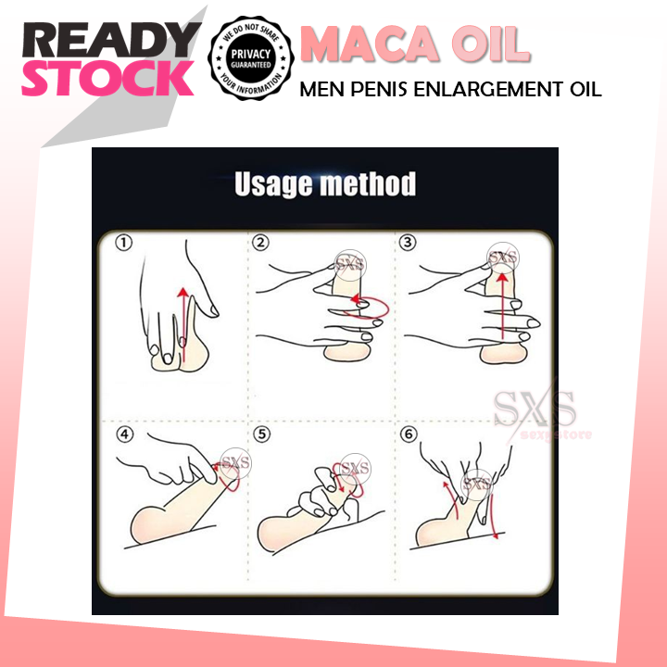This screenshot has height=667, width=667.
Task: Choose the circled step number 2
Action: coord(261,245)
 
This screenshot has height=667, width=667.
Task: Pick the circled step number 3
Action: coord(406,245)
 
